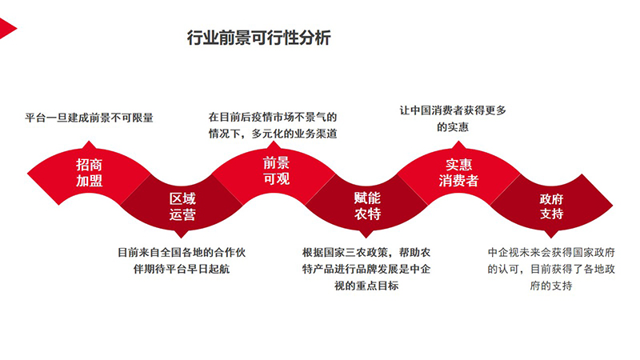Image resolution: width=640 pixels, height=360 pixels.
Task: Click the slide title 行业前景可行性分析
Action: pyautogui.click(x=258, y=38)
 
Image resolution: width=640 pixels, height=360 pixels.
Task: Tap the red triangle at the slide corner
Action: pyautogui.click(x=7, y=29)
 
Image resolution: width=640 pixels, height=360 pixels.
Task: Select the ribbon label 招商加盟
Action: pyautogui.click(x=89, y=173)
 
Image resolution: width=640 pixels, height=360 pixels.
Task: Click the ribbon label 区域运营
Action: pyautogui.click(x=182, y=206)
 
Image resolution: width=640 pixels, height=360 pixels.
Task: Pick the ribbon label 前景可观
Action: pyautogui.click(x=276, y=171)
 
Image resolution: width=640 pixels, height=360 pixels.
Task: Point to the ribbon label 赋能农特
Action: pyautogui.click(x=367, y=206)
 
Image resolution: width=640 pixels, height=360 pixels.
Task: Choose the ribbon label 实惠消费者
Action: pyautogui.click(x=458, y=172)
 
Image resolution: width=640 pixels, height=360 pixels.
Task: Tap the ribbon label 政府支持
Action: pyautogui.click(x=551, y=206)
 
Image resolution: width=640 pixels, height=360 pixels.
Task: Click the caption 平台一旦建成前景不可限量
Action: pyautogui.click(x=89, y=118)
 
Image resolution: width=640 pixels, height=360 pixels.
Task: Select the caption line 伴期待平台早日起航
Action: pyautogui.click(x=182, y=269)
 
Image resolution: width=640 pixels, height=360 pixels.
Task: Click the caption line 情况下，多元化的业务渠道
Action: pyautogui.click(x=273, y=134)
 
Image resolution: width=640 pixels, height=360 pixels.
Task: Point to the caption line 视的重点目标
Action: pyautogui.click(x=366, y=286)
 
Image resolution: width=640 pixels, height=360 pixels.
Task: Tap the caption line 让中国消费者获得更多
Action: pyautogui.click(x=453, y=110)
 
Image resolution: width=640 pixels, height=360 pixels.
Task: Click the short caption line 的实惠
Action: pyautogui.click(x=453, y=127)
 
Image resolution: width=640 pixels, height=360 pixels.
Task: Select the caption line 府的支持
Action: pyautogui.click(x=551, y=286)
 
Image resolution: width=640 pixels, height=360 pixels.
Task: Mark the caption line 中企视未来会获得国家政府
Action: pyautogui.click(x=551, y=252)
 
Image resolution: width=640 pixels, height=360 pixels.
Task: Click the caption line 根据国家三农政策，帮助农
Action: pyautogui.click(x=366, y=252)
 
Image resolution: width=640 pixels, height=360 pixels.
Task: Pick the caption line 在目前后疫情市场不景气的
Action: pyautogui.click(x=273, y=117)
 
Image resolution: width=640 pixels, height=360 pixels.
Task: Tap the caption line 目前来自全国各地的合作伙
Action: pyautogui.click(x=182, y=252)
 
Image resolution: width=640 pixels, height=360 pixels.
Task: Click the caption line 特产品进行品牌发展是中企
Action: pyautogui.click(x=366, y=269)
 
